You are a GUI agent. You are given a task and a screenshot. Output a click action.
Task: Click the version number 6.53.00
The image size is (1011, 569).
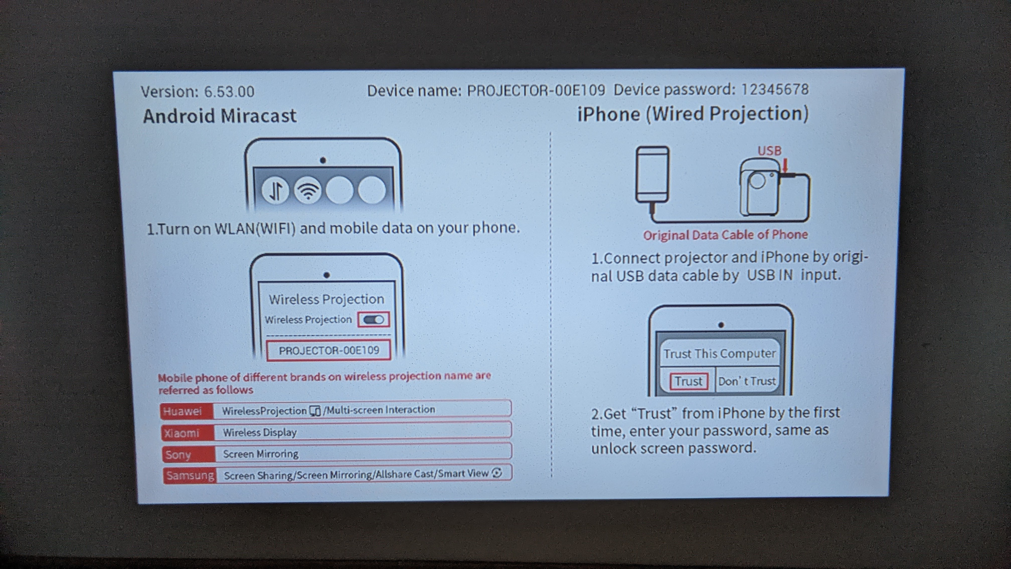coord(229,92)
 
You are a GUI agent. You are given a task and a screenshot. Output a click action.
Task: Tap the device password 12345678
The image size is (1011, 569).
coord(775,90)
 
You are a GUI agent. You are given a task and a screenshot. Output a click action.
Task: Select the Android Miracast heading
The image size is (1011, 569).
coord(220,116)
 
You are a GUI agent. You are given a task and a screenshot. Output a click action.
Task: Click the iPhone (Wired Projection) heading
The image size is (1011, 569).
coord(693,114)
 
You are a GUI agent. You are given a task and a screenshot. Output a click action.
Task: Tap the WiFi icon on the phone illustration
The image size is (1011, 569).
coord(308,190)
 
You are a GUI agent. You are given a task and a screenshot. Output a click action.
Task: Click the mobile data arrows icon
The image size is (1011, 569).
coord(276,190)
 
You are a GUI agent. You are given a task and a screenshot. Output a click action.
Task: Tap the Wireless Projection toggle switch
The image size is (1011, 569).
coord(374,320)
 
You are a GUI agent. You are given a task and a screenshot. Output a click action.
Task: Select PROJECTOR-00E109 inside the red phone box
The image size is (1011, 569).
coord(329,350)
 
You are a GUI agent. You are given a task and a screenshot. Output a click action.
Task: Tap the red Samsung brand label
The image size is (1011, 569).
coord(190,475)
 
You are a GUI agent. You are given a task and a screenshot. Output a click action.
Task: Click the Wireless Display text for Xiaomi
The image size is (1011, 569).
coord(260,432)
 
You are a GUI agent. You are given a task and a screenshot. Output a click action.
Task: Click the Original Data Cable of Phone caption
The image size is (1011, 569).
coord(725,235)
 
